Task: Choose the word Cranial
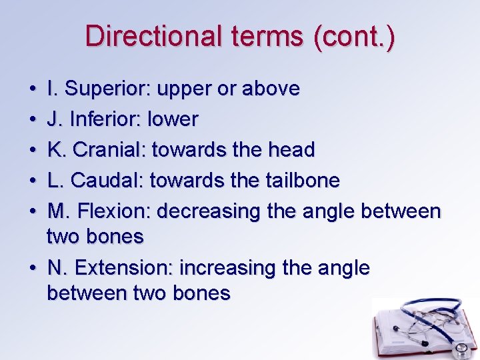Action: tap(110, 150)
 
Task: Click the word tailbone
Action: tap(307, 180)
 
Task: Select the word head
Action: tap(292, 150)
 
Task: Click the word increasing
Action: tap(220, 268)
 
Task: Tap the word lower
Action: tap(173, 119)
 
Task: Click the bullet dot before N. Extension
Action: tap(32, 269)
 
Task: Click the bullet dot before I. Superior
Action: tap(32, 89)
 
